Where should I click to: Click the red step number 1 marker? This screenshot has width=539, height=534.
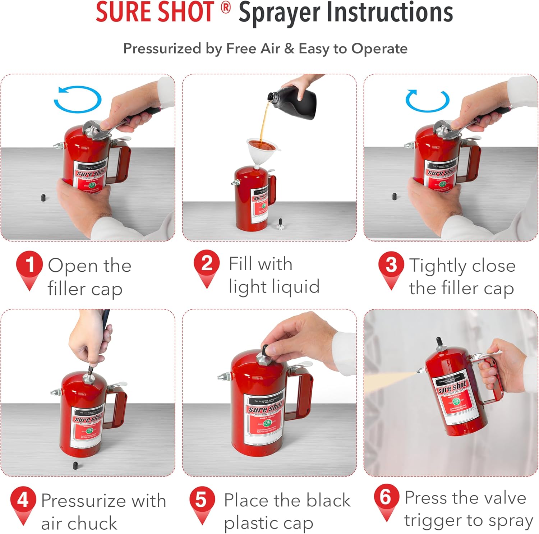coord(29,265)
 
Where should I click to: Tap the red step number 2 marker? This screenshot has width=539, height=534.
coord(206,264)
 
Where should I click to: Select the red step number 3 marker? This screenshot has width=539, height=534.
coord(391,265)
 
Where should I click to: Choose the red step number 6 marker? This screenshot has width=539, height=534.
coord(386,497)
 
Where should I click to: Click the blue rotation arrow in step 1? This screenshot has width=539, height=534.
coord(78,99)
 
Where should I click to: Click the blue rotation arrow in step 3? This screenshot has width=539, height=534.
coord(427,101)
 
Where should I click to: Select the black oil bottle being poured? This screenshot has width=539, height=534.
coord(295,101)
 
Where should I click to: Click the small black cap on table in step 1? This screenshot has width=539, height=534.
coord(43,198)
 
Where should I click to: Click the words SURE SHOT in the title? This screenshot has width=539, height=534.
coord(155,12)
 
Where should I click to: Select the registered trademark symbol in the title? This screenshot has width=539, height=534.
coord(226,7)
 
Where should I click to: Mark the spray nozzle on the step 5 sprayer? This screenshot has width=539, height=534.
coord(224,377)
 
